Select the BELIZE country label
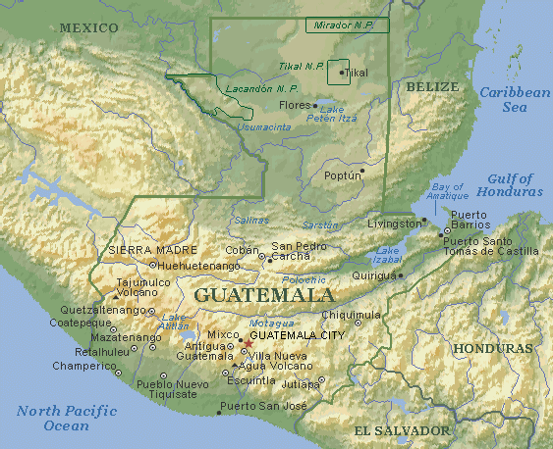tap(431, 87)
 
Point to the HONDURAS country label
tap(491, 348)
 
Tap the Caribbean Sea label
tap(515, 99)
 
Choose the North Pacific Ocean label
tap(66, 419)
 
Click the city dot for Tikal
tap(342, 73)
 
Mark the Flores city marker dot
tap(314, 105)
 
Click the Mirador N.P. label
tap(347, 25)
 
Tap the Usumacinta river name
tap(264, 126)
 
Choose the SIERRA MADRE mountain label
tap(147, 250)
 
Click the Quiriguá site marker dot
tap(401, 275)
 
